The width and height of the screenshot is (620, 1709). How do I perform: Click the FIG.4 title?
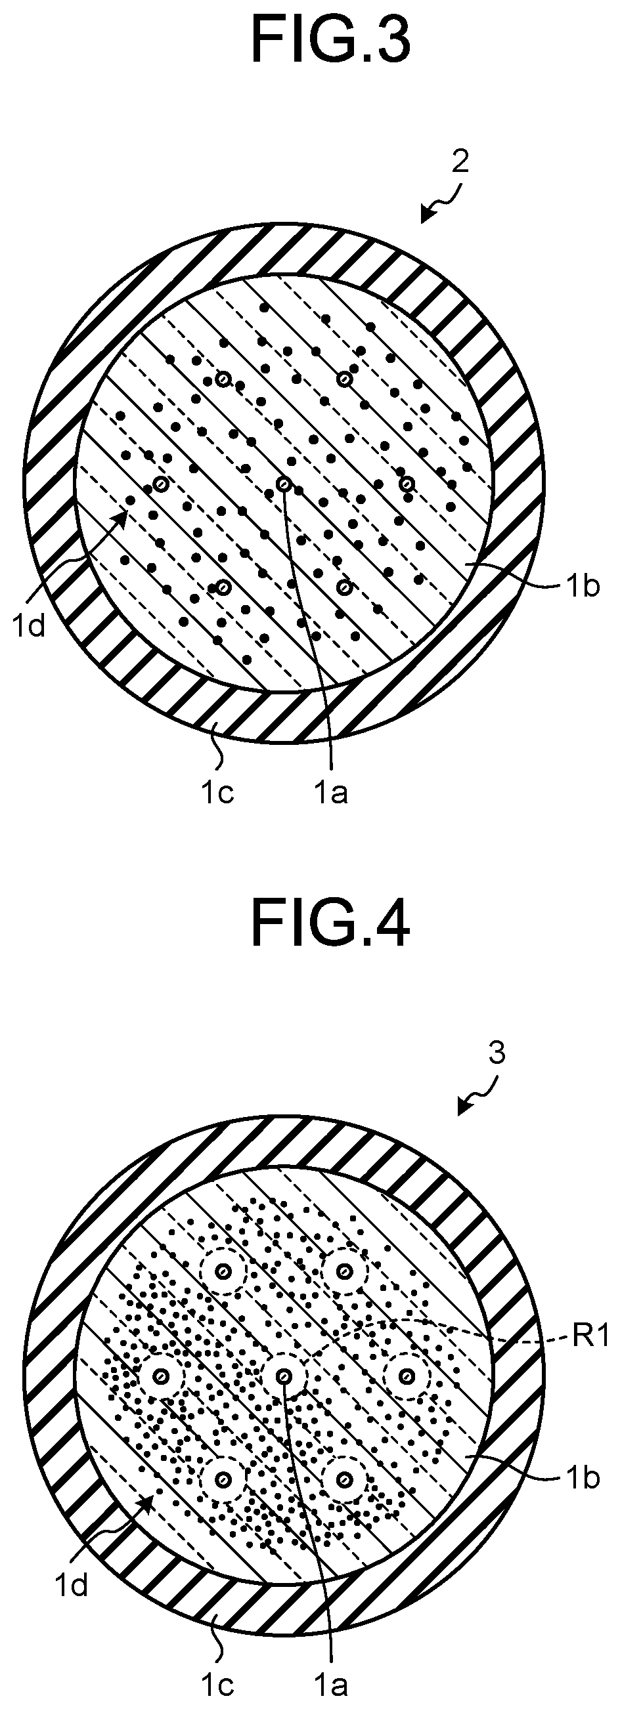[x=330, y=924]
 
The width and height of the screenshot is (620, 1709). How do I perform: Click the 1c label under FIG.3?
[x=218, y=792]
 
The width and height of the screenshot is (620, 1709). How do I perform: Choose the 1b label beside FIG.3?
[x=583, y=587]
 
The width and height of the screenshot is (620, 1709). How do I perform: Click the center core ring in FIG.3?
[x=284, y=484]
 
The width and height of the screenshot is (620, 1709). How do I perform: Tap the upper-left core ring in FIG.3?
[x=223, y=379]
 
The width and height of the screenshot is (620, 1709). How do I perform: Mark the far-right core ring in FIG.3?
[x=407, y=484]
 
